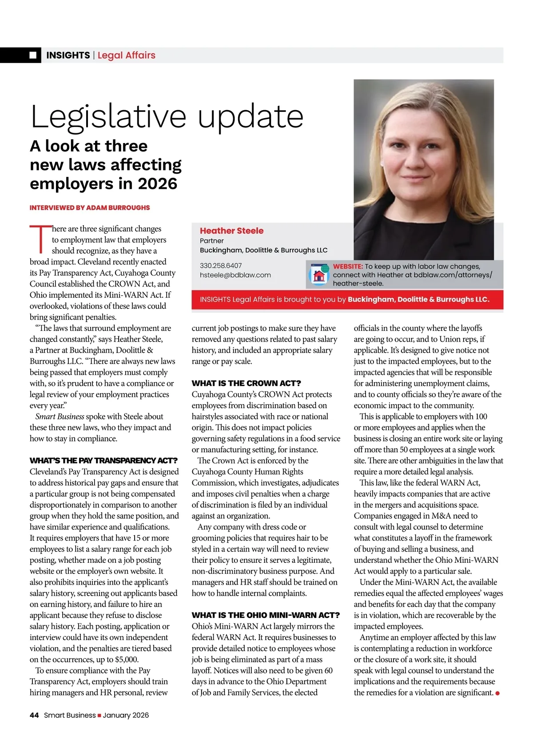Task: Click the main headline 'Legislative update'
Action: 167,116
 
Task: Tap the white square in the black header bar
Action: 33,55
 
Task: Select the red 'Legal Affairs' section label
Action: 127,55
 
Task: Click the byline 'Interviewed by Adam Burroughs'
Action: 90,207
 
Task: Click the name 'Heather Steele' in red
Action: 231,231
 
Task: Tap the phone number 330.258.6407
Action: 221,266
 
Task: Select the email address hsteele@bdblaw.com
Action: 235,275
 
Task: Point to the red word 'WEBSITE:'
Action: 348,267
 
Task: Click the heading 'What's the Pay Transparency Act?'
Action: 103,460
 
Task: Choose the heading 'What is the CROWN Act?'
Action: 246,383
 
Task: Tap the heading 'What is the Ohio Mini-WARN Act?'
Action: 266,615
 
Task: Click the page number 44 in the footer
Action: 34,715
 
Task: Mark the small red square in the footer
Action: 99,716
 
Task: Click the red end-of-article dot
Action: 497,693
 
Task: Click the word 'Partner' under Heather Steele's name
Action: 212,241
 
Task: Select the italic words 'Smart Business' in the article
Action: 60,417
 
